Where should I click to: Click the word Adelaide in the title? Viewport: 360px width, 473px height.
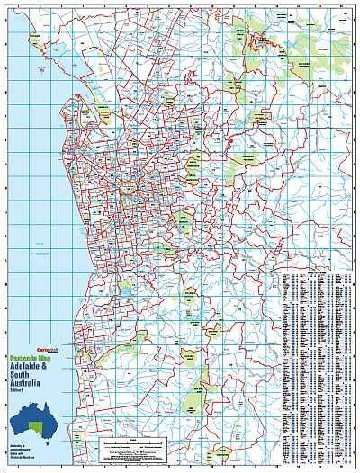(x=25, y=368)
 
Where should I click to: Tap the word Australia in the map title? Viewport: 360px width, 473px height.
(x=27, y=385)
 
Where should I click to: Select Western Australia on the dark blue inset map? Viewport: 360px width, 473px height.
(x=22, y=428)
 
